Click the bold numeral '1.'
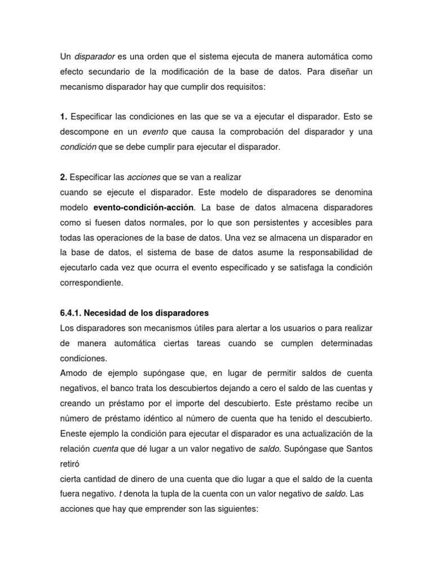(64, 117)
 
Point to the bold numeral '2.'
(64, 177)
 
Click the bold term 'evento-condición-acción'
(143, 207)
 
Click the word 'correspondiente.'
(91, 282)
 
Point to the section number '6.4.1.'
(72, 313)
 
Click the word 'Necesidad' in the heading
(110, 313)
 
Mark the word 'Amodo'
(73, 373)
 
